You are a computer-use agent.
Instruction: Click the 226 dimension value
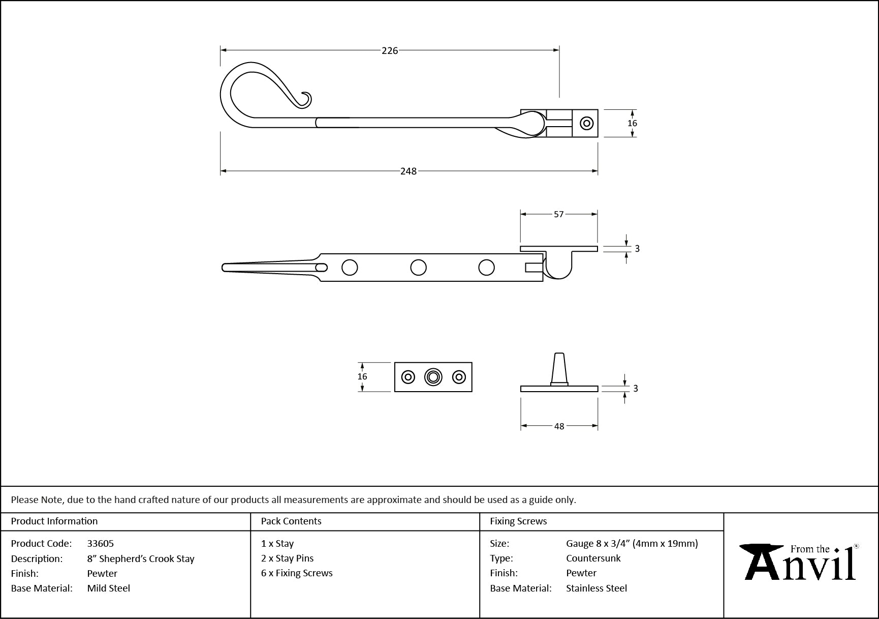pos(390,50)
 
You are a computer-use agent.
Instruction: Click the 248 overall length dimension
pos(408,171)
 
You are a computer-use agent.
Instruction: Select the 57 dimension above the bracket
pos(558,215)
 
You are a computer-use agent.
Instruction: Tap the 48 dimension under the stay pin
pos(559,426)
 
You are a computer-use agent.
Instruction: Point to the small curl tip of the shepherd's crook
pos(306,100)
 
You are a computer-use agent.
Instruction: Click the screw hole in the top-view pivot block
pos(587,123)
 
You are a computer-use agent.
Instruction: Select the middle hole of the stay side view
pos(418,268)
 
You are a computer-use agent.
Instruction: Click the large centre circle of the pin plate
pos(433,377)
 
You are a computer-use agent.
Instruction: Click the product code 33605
pos(101,543)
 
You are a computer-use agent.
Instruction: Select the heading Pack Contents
pos(291,521)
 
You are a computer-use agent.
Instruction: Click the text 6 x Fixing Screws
pos(297,573)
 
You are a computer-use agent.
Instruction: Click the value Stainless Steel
pos(597,588)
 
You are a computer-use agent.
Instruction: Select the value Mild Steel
pos(108,588)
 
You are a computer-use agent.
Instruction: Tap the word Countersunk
pos(593,558)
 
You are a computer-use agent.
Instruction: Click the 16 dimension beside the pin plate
pos(362,377)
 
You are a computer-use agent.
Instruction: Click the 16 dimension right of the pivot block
pos(632,123)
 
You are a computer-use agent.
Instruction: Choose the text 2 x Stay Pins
pos(287,558)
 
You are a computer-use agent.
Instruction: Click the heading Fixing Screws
pos(518,521)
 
